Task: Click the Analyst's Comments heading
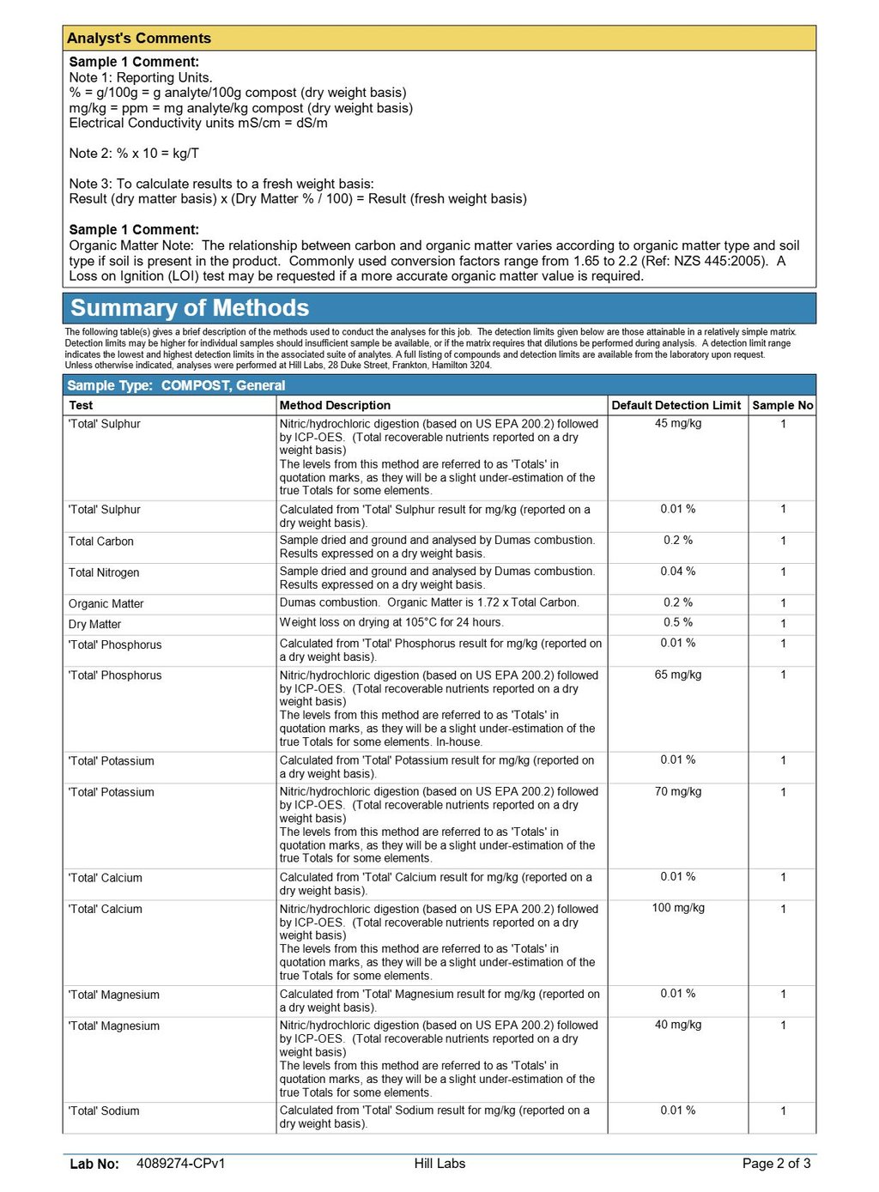(139, 39)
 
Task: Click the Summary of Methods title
(190, 308)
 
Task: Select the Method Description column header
(335, 405)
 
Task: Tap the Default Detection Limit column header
(676, 405)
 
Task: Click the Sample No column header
(782, 405)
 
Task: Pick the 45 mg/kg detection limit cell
(678, 424)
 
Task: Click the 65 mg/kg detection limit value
(678, 675)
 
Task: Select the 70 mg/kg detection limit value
(678, 791)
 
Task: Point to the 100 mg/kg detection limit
(678, 908)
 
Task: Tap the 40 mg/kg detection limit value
(678, 1025)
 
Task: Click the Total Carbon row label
(101, 542)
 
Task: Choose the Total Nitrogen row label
(104, 572)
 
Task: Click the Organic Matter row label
(106, 604)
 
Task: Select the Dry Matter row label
(95, 625)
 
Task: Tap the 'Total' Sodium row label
(104, 1110)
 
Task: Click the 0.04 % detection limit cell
(678, 572)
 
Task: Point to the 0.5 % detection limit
(678, 623)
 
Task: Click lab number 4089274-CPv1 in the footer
(180, 1164)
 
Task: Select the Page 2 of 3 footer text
(776, 1164)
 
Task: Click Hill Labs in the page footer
(439, 1164)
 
